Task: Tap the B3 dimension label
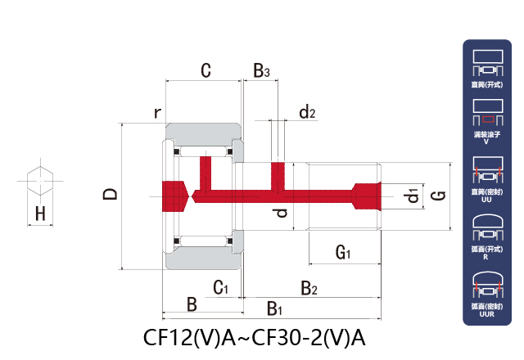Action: coord(261,71)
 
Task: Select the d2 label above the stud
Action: coord(307,112)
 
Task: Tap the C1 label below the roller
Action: coord(220,287)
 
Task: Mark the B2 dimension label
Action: coord(309,287)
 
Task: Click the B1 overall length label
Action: coord(275,309)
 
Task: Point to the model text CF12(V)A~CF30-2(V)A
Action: coord(254,338)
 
